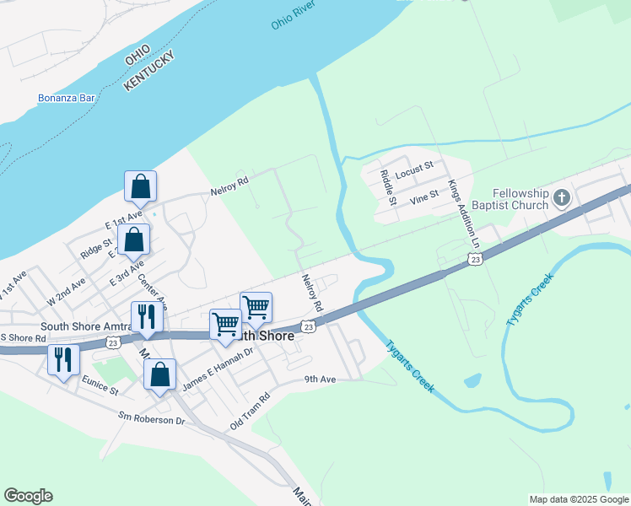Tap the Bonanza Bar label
point(67,98)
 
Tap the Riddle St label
point(388,187)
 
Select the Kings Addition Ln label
point(463,213)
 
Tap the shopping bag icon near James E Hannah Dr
point(159,374)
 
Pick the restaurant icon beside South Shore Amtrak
point(147,317)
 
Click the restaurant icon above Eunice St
point(63,359)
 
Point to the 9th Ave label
point(321,379)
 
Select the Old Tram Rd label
point(250,412)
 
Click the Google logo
point(28,496)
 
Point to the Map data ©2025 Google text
point(578,499)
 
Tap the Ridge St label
point(96,250)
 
